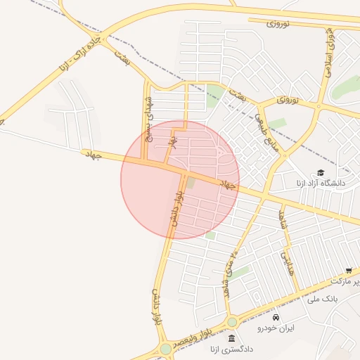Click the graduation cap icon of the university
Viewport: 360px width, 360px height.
(321, 172)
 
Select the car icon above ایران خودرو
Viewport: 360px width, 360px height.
(275, 317)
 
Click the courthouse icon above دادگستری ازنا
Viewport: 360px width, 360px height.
(231, 338)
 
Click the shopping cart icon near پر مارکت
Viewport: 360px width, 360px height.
(349, 271)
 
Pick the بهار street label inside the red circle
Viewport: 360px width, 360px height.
(170, 141)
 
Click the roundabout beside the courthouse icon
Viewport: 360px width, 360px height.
(232, 322)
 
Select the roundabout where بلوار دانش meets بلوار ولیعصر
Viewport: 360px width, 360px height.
(165, 349)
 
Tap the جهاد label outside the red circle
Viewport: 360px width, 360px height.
(92, 153)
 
